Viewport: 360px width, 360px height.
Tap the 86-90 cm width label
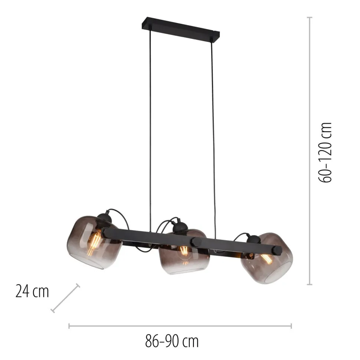tap(171, 340)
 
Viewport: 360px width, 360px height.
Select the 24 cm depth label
tap(32, 291)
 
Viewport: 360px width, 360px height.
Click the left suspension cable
tap(151, 130)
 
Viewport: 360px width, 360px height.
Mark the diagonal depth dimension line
tap(65, 298)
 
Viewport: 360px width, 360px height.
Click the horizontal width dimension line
tap(180, 326)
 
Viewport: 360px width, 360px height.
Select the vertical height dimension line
tap(310, 148)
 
